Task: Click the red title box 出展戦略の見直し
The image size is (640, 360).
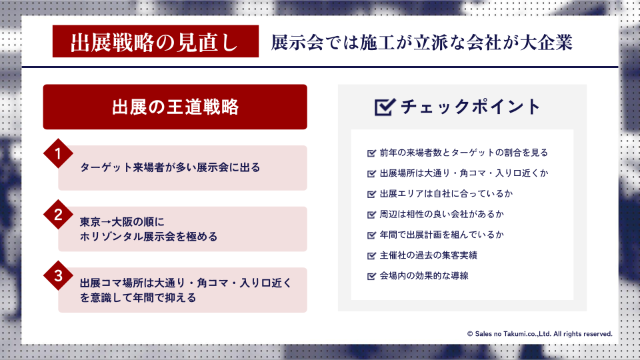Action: pyautogui.click(x=155, y=41)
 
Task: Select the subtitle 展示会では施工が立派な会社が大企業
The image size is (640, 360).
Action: pyautogui.click(x=421, y=43)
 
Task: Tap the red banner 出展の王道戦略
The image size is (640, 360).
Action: pyautogui.click(x=175, y=107)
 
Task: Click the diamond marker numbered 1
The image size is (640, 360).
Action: pyautogui.click(x=59, y=153)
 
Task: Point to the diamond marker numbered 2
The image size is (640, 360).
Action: pyautogui.click(x=59, y=215)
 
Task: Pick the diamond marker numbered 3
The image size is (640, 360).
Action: pyautogui.click(x=59, y=275)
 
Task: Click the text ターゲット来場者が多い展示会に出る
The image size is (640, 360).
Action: pyautogui.click(x=170, y=167)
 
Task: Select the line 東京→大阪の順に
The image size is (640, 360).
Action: pyautogui.click(x=122, y=221)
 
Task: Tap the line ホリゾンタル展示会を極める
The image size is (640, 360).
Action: pyautogui.click(x=149, y=236)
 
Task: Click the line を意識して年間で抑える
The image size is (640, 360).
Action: pyautogui.click(x=138, y=297)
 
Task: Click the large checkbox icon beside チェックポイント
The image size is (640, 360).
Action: pyautogui.click(x=385, y=107)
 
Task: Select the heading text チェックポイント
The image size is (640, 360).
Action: pyautogui.click(x=470, y=107)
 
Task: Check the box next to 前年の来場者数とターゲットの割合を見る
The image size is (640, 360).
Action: pyautogui.click(x=371, y=153)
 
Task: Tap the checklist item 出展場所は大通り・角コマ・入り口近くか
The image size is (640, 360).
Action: pyautogui.click(x=464, y=173)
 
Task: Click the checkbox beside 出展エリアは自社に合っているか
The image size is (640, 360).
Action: pyautogui.click(x=371, y=194)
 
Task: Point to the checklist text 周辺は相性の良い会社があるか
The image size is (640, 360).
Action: pyautogui.click(x=441, y=214)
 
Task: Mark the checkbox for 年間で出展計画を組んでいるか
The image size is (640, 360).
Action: pyautogui.click(x=371, y=235)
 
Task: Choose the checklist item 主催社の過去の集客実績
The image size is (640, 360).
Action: pyautogui.click(x=428, y=255)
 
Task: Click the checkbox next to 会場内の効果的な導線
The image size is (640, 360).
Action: pyautogui.click(x=371, y=276)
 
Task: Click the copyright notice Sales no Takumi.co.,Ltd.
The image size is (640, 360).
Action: pyautogui.click(x=539, y=334)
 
